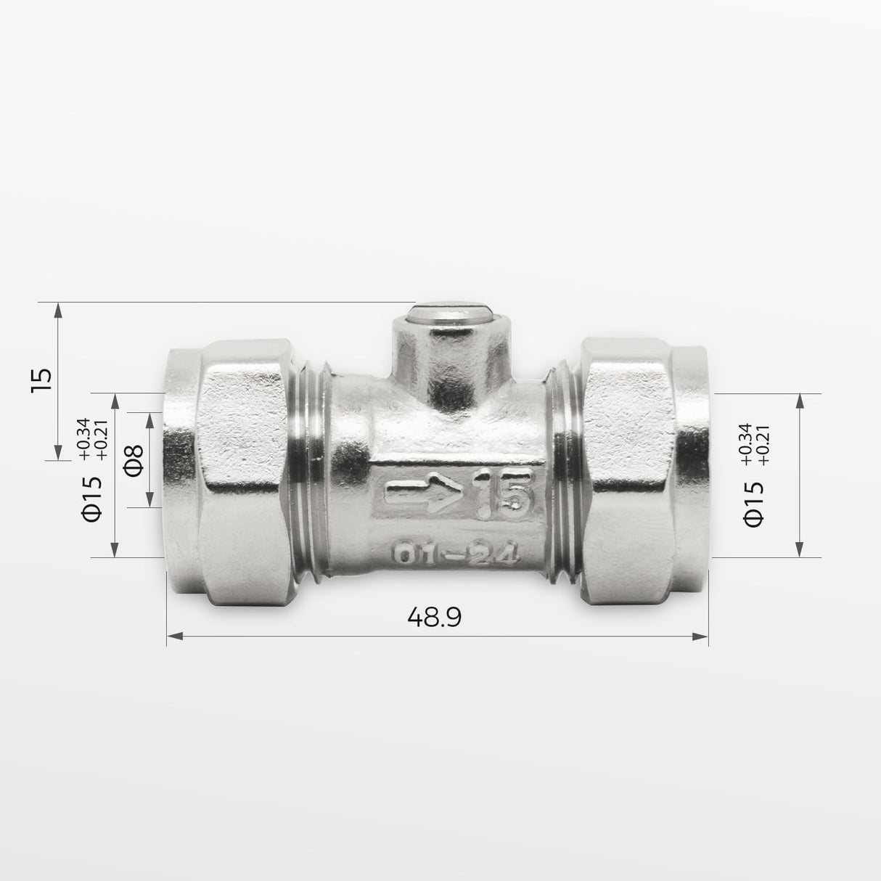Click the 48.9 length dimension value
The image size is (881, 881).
pos(435,617)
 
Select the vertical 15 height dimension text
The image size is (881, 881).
pos(42,380)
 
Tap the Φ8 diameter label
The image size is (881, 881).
pos(135,460)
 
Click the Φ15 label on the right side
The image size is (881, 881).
pos(754,502)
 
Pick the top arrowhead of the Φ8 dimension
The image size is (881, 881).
pos(151,420)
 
